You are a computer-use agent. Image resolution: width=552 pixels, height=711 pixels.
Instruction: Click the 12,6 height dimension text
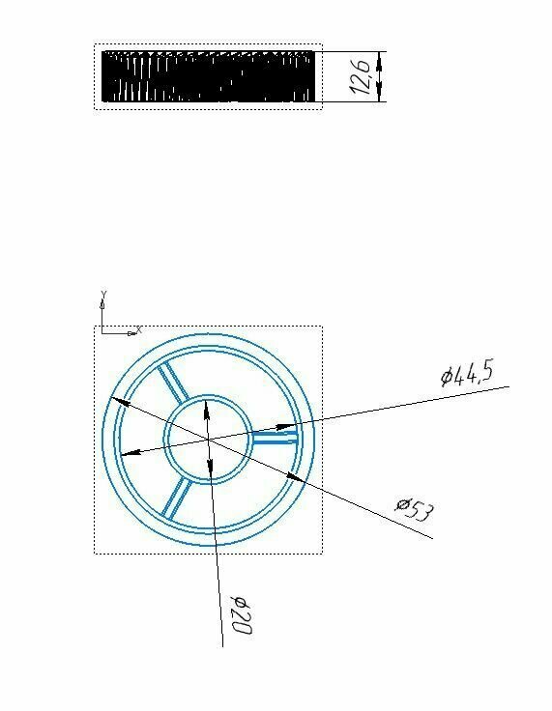[x=361, y=76]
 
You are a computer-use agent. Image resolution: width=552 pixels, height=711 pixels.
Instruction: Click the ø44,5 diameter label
[x=467, y=374]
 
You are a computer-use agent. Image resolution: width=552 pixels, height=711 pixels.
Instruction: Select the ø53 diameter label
[x=414, y=509]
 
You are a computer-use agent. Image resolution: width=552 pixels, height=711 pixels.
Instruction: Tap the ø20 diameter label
[x=241, y=615]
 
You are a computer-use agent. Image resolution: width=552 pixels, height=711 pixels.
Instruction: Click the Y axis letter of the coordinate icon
[x=103, y=295]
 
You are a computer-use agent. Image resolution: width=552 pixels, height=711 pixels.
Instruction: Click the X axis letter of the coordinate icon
[x=139, y=330]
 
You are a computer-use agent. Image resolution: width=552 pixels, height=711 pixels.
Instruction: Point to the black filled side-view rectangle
[x=208, y=76]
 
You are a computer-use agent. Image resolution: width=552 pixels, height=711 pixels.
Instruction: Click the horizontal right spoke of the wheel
[x=276, y=438]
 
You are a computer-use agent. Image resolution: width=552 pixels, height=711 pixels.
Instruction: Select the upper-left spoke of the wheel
[x=173, y=382]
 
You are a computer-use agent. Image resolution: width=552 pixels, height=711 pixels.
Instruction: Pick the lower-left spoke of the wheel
[x=176, y=498]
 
